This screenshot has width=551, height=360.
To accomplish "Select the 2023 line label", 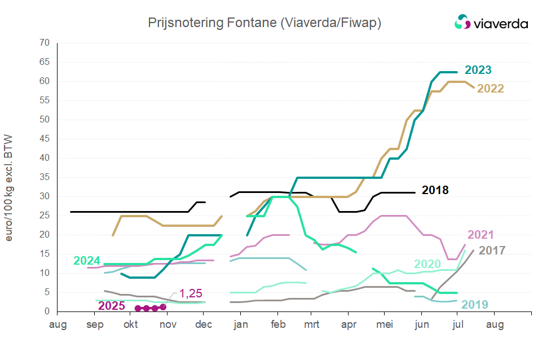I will click(478, 71).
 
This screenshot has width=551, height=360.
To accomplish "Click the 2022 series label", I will click(491, 89).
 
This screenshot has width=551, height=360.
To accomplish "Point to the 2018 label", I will click(435, 190).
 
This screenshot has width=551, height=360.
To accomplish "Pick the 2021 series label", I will click(481, 235).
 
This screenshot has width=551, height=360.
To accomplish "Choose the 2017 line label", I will click(492, 251).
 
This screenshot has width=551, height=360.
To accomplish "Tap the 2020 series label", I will click(427, 264).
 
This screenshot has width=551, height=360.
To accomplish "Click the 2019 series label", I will click(475, 305).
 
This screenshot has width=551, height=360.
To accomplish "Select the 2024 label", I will click(87, 261).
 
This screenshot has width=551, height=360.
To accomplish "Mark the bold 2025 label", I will click(112, 306).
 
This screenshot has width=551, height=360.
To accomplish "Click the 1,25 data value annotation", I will click(191, 293).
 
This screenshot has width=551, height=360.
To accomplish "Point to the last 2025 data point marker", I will click(164, 307).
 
